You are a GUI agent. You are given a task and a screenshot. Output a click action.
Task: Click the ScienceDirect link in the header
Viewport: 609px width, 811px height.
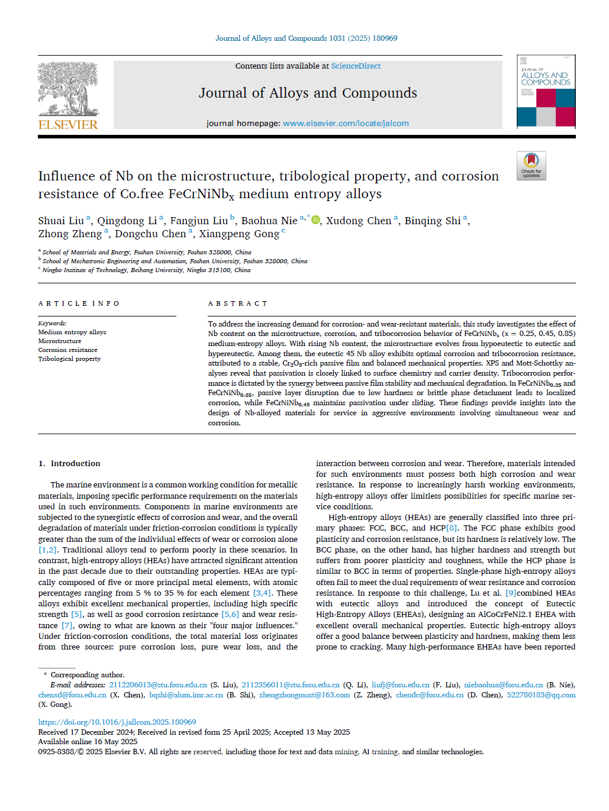[x=356, y=66]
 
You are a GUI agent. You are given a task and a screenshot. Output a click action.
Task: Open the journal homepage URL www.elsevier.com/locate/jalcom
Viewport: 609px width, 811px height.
[x=346, y=124]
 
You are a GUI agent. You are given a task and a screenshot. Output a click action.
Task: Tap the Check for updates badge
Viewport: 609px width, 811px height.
[x=531, y=166]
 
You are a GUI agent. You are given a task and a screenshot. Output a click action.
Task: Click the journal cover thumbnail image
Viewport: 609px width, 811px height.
[x=546, y=91]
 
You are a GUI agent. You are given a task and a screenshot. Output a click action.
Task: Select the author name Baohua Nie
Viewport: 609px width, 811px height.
[x=269, y=221]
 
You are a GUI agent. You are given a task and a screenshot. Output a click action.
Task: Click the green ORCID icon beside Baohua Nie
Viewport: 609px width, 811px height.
[x=315, y=220]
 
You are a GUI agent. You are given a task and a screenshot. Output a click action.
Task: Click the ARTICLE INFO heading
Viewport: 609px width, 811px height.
[x=79, y=303]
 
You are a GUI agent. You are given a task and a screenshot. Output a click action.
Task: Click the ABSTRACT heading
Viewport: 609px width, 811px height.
[x=237, y=303]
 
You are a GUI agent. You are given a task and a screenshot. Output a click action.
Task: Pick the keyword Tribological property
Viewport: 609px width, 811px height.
[x=69, y=359]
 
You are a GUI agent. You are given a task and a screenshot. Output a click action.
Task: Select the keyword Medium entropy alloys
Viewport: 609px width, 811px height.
[x=72, y=332]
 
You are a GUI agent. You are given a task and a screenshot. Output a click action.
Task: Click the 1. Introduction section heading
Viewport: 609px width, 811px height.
[x=69, y=464]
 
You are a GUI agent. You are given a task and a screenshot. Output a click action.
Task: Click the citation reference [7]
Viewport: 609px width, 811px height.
[x=67, y=626]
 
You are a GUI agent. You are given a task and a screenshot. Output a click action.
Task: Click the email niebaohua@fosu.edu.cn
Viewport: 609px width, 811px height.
[x=503, y=685]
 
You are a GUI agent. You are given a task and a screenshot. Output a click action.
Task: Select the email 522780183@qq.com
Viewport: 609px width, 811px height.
[x=541, y=695]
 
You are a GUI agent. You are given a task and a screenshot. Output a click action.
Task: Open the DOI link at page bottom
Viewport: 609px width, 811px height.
[x=117, y=722]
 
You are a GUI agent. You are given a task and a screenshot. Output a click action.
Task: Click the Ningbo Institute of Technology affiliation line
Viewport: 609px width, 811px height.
[x=146, y=270]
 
